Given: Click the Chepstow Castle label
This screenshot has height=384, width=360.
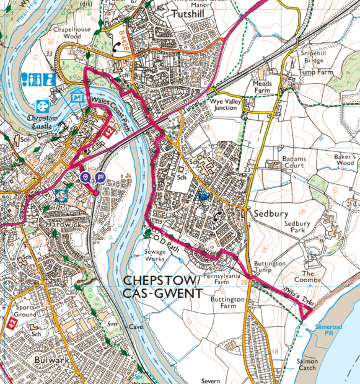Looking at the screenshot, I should (x=43, y=119).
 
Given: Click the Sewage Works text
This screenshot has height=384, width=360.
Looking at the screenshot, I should (x=155, y=256).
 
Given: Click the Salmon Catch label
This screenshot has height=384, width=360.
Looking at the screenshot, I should (x=307, y=364).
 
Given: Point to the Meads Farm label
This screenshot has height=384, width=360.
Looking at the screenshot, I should (x=262, y=86).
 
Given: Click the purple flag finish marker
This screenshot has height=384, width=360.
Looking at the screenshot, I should (x=100, y=178).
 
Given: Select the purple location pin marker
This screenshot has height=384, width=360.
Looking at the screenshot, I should (x=86, y=178).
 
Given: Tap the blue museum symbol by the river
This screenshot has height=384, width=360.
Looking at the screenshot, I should (x=77, y=97).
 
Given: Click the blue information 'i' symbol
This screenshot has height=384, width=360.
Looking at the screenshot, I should (x=49, y=79).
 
